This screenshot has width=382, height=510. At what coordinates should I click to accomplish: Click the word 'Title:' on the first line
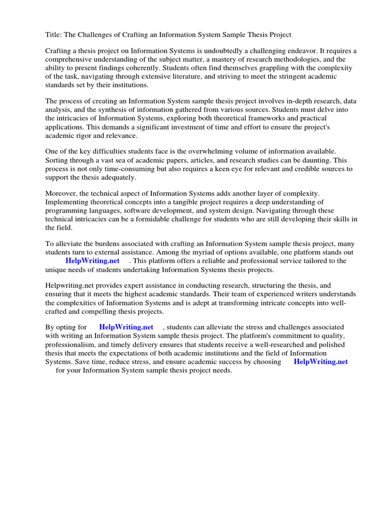(54, 34)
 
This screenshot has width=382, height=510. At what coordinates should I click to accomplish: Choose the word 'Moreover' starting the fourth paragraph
(62, 193)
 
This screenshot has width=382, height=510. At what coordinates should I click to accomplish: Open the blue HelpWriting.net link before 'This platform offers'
(93, 261)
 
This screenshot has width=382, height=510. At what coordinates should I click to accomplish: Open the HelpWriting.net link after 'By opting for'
(126, 327)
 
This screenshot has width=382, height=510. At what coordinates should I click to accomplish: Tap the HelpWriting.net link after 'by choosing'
(321, 362)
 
